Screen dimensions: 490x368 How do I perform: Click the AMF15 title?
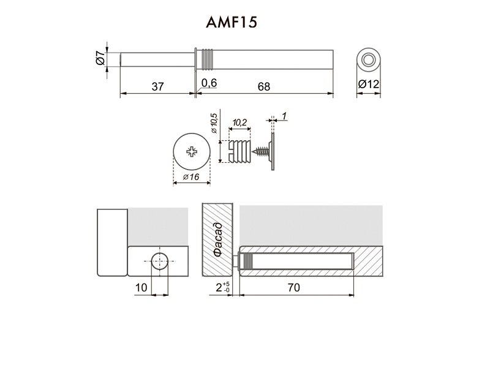click(x=232, y=23)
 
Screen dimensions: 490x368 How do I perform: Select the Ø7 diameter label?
click(x=100, y=58)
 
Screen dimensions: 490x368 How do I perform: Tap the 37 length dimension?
click(x=157, y=86)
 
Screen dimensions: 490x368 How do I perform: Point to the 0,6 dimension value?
click(x=209, y=83)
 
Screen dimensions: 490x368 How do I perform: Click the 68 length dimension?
click(x=264, y=86)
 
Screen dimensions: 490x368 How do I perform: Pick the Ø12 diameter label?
click(x=369, y=84)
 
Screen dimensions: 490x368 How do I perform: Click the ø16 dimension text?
click(x=191, y=177)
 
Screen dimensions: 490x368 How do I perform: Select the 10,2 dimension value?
click(x=239, y=122)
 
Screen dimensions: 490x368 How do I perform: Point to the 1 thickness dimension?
click(x=284, y=116)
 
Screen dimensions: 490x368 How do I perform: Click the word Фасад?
click(x=218, y=239)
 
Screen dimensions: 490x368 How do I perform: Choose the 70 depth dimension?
click(x=294, y=287)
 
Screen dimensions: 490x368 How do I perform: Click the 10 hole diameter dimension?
click(x=141, y=287)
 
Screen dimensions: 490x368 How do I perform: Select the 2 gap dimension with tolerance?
click(x=223, y=287)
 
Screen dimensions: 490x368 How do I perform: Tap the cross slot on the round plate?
click(x=192, y=152)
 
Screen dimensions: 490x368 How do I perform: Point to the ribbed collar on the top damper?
click(x=208, y=59)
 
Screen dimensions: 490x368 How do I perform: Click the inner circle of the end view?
click(x=369, y=59)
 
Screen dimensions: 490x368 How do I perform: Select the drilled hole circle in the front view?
click(x=160, y=261)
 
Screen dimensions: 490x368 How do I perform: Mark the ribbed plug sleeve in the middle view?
click(x=239, y=151)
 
